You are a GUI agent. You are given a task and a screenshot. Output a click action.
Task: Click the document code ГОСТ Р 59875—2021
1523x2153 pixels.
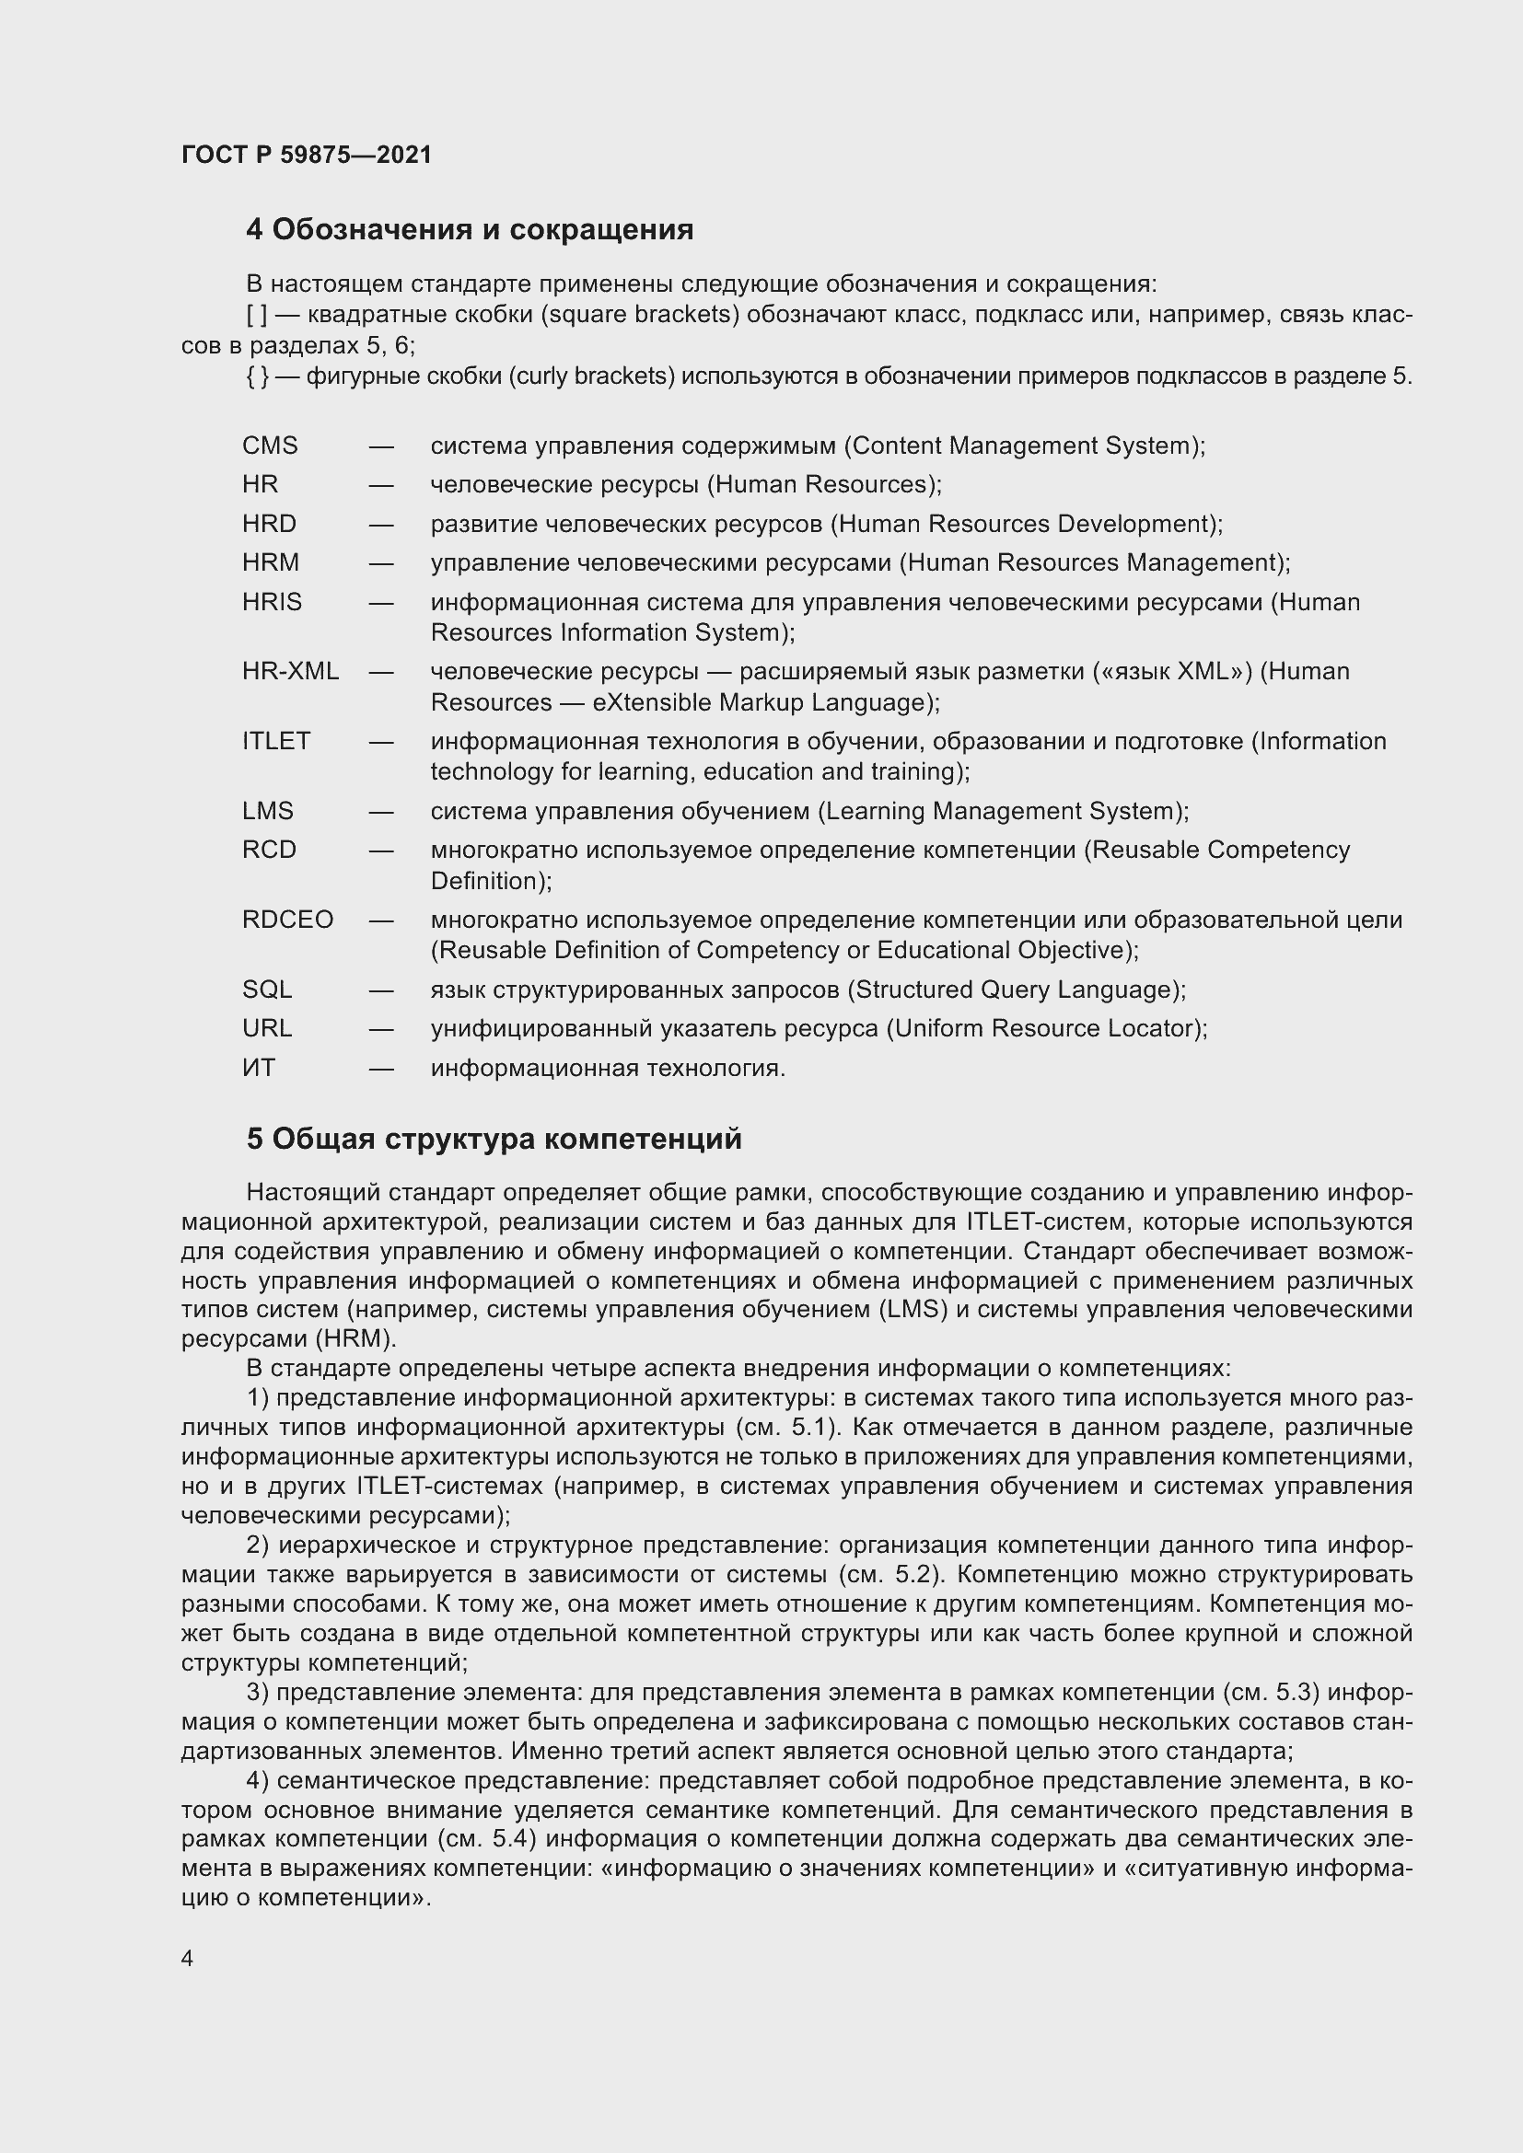307,155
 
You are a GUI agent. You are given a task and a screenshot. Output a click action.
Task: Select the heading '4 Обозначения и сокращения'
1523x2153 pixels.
469,230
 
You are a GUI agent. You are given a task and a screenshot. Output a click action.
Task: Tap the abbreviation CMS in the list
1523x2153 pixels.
269,446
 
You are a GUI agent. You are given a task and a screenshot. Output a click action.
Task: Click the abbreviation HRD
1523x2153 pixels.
268,523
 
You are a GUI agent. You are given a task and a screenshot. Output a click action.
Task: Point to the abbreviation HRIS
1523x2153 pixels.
272,602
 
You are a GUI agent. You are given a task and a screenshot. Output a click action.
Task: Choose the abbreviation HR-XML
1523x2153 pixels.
290,671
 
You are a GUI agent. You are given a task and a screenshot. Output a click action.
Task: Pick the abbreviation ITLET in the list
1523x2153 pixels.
275,741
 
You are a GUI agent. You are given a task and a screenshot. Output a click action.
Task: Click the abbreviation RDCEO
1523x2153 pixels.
287,920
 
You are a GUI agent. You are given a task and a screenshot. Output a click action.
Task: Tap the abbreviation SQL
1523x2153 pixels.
266,990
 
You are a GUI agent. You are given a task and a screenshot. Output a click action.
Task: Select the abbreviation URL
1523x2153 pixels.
266,1029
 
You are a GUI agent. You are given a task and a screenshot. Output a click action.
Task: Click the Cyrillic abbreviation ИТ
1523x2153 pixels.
259,1068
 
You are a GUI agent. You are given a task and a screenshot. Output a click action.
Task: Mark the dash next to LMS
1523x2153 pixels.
381,812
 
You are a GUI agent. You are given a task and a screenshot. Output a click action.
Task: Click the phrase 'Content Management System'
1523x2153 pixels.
1019,446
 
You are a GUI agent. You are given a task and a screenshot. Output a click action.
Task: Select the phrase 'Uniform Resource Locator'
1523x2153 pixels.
1042,1029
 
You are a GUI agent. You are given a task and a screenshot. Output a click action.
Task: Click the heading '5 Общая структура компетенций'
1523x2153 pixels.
494,1140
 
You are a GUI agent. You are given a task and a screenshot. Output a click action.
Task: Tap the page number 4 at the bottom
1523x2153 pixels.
187,1959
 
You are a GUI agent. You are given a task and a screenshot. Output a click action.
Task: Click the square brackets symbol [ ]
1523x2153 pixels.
256,315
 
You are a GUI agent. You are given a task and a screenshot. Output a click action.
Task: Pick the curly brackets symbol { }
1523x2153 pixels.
257,377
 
